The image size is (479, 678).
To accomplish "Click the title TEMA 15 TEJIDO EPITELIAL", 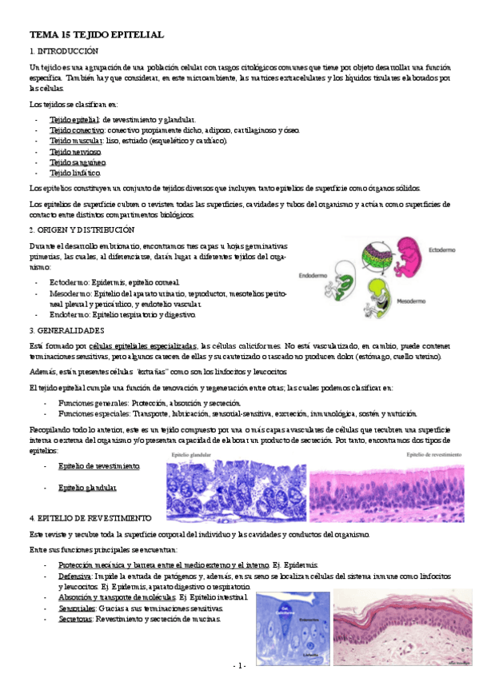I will coord(96,36).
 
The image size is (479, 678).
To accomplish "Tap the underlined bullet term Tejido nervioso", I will coord(75,151).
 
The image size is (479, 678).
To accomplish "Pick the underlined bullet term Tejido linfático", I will coord(75,173).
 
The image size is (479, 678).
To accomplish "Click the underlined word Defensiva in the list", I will coord(74,576).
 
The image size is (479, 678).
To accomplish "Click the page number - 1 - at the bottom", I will coord(240,665).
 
